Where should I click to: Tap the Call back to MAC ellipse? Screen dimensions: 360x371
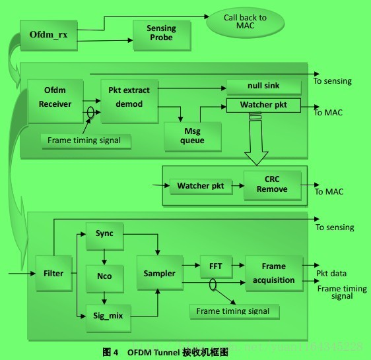point(245,22)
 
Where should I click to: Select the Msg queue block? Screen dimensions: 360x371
point(192,135)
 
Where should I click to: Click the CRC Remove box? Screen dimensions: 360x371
point(272,185)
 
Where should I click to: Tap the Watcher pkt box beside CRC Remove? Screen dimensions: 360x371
point(200,186)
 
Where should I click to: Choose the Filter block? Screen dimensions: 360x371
point(53,273)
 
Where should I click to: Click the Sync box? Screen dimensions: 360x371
point(104,234)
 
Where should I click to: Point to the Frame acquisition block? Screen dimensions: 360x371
point(273,273)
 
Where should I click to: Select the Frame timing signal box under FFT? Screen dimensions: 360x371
point(234,311)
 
